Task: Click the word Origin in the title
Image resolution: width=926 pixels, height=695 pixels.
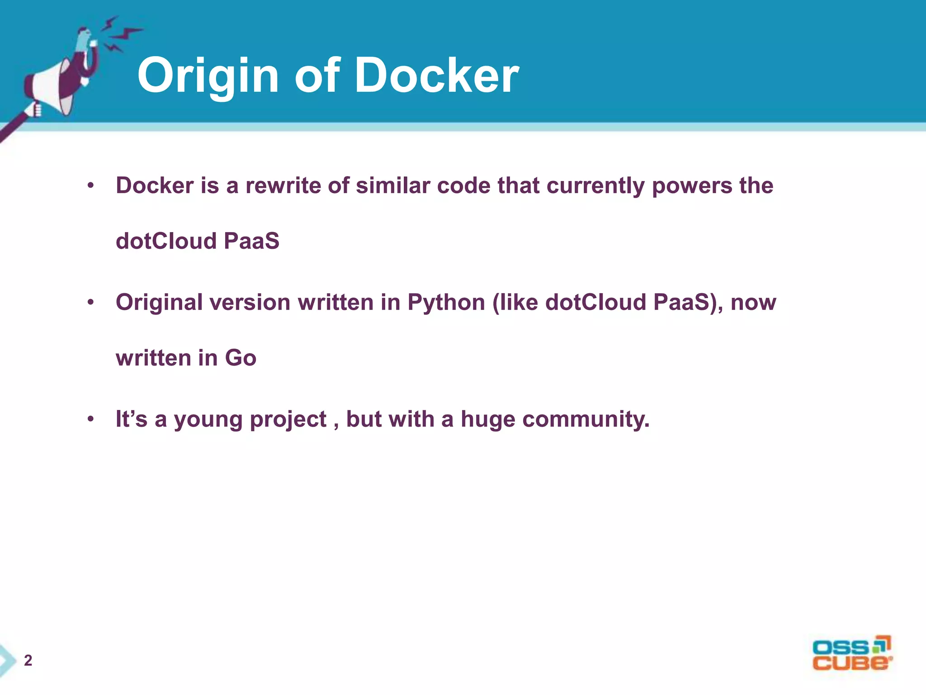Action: click(x=208, y=76)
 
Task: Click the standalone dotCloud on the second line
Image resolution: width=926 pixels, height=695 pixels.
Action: click(x=166, y=241)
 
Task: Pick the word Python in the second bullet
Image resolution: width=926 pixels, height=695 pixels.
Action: click(x=446, y=303)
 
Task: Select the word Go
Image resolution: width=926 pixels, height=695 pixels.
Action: click(x=241, y=358)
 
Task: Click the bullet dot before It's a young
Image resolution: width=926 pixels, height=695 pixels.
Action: click(x=91, y=419)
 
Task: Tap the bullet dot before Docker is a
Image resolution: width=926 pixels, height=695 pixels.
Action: click(x=91, y=186)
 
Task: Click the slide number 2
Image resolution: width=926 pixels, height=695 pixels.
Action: click(x=28, y=661)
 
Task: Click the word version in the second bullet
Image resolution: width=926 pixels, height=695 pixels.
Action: click(x=250, y=302)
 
